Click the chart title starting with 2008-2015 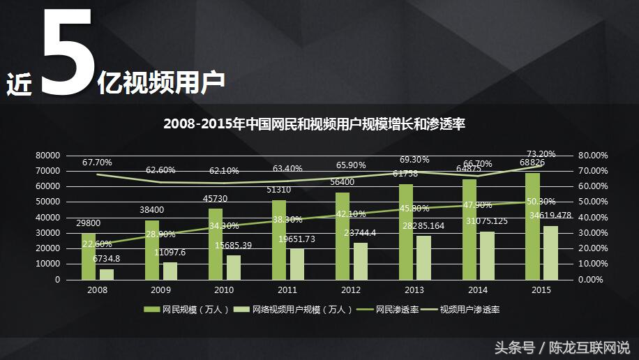pyautogui.click(x=314, y=124)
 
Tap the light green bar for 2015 pyautogui.click(x=551, y=253)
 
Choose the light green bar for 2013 pyautogui.click(x=424, y=257)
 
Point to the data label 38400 pyautogui.click(x=152, y=209)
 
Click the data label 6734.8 pyautogui.click(x=106, y=258)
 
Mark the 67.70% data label pyautogui.click(x=97, y=163)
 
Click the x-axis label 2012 pyautogui.click(x=351, y=290)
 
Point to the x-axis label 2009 pyautogui.click(x=160, y=290)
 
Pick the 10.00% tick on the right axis pyautogui.click(x=594, y=264)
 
